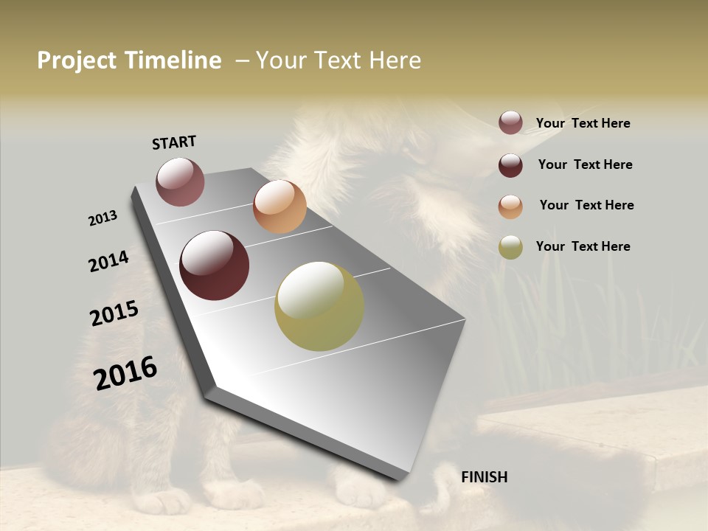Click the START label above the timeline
point(174,142)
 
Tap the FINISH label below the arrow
point(484,477)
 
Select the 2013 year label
point(103,218)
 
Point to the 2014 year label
point(108,262)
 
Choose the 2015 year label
point(114,313)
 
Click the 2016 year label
point(125,372)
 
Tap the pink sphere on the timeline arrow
point(180,181)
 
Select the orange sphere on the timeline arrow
point(280,206)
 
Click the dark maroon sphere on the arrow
point(214,265)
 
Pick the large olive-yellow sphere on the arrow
point(319,306)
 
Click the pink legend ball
point(510,123)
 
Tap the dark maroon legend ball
point(510,165)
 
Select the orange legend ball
point(510,206)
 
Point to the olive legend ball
point(510,247)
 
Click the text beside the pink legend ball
point(583,123)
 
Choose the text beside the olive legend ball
point(583,246)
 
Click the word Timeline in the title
point(173,60)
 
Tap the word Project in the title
point(75,60)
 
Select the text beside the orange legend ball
point(586,205)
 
